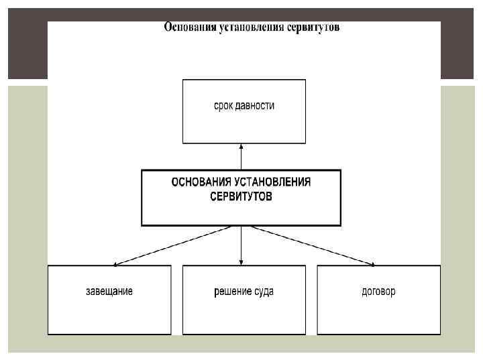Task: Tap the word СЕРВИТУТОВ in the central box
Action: (241, 197)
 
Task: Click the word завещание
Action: (109, 292)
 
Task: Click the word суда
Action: (264, 292)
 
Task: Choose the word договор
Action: (378, 292)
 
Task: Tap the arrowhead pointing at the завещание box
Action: (116, 264)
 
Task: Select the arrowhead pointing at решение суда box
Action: (241, 262)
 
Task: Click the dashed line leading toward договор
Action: (309, 245)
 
